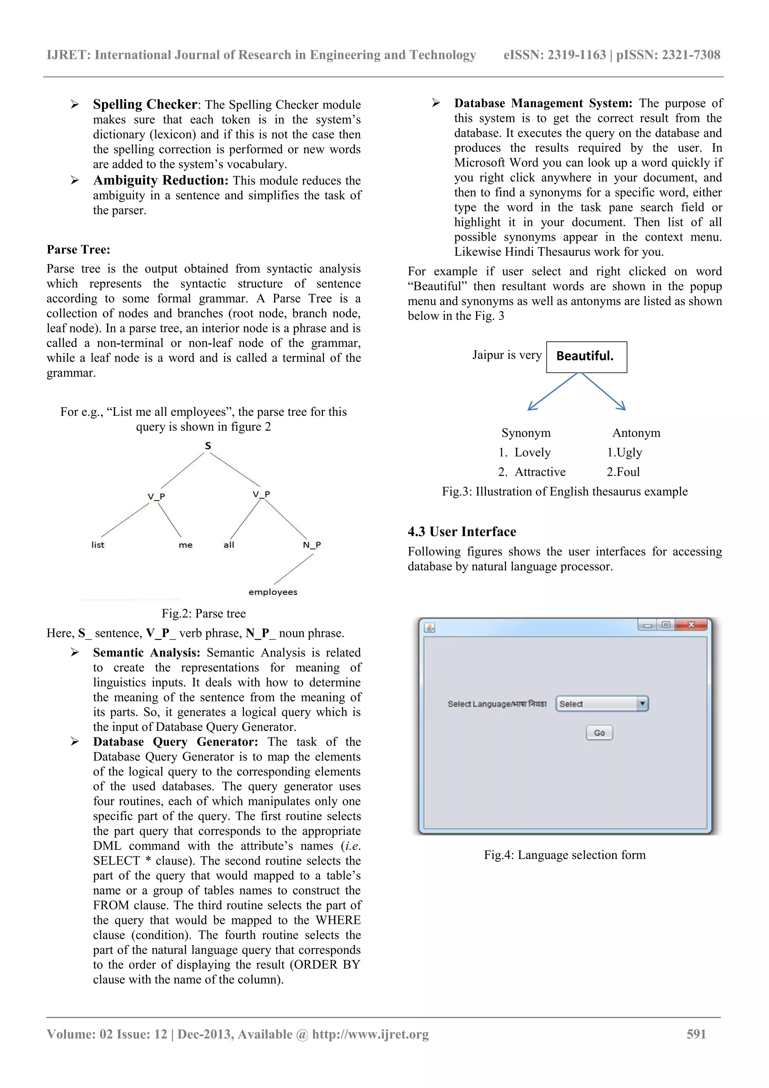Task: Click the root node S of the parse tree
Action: [x=208, y=445]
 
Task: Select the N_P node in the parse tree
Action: [x=312, y=545]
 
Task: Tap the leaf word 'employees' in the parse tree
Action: [x=273, y=592]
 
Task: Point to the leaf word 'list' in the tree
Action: [x=98, y=545]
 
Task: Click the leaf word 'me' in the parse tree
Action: [x=185, y=545]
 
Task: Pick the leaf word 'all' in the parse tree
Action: [x=229, y=545]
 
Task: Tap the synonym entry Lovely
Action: [x=532, y=453]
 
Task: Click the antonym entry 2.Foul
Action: [x=623, y=472]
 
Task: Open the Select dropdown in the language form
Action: [x=602, y=704]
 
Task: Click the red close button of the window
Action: [x=691, y=625]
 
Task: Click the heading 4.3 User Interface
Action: [x=461, y=532]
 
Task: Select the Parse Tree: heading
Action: [x=78, y=250]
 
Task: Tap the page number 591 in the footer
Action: [x=696, y=1034]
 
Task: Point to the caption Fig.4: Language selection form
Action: [x=564, y=855]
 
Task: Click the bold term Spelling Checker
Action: [x=145, y=104]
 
